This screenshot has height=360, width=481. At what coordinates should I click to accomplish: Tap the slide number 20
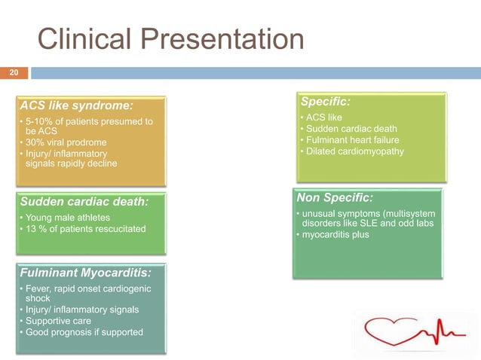pyautogui.click(x=13, y=73)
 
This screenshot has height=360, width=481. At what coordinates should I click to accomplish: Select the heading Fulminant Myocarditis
pyautogui.click(x=85, y=273)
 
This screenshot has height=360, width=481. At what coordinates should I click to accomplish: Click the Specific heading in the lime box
pyautogui.click(x=325, y=101)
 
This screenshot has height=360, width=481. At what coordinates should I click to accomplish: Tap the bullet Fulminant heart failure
pyautogui.click(x=352, y=140)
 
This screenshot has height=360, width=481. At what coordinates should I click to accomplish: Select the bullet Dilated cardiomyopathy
pyautogui.click(x=354, y=151)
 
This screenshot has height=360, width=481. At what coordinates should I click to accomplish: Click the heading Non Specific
pyautogui.click(x=335, y=197)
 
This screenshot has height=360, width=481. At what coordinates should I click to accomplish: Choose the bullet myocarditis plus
pyautogui.click(x=337, y=234)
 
